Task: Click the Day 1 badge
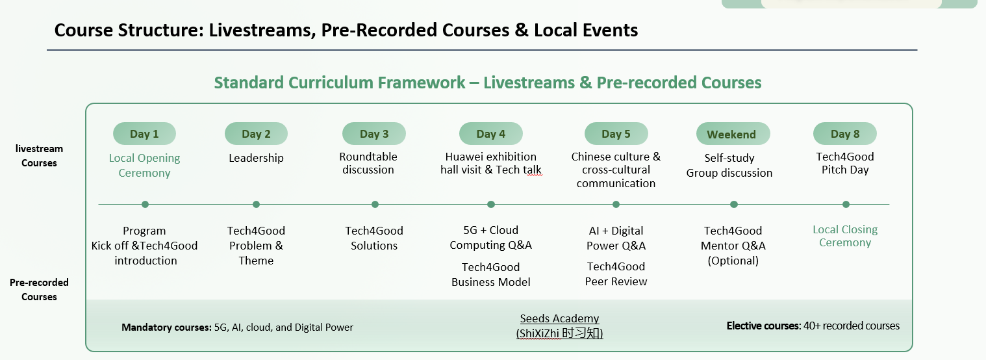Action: tap(144, 133)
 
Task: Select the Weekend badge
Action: tap(733, 133)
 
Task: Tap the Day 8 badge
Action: tap(844, 133)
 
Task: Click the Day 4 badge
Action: tap(491, 133)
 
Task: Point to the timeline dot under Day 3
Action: tap(375, 205)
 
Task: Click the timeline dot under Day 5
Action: tap(616, 205)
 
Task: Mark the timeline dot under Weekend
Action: tap(734, 205)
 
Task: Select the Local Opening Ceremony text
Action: tap(144, 165)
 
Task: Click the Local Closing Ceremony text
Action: tap(845, 236)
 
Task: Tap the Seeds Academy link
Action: tap(559, 326)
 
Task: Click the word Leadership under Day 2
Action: tap(256, 158)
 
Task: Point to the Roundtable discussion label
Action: tap(368, 163)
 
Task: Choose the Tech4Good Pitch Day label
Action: tap(845, 163)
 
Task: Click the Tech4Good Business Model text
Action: tap(491, 274)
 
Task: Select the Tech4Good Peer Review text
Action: tap(616, 274)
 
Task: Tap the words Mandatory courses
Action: tap(166, 328)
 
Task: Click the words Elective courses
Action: tap(763, 326)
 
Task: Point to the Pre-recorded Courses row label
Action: tap(39, 290)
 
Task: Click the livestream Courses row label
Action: tap(39, 155)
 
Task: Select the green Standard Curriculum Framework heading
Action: tap(488, 83)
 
